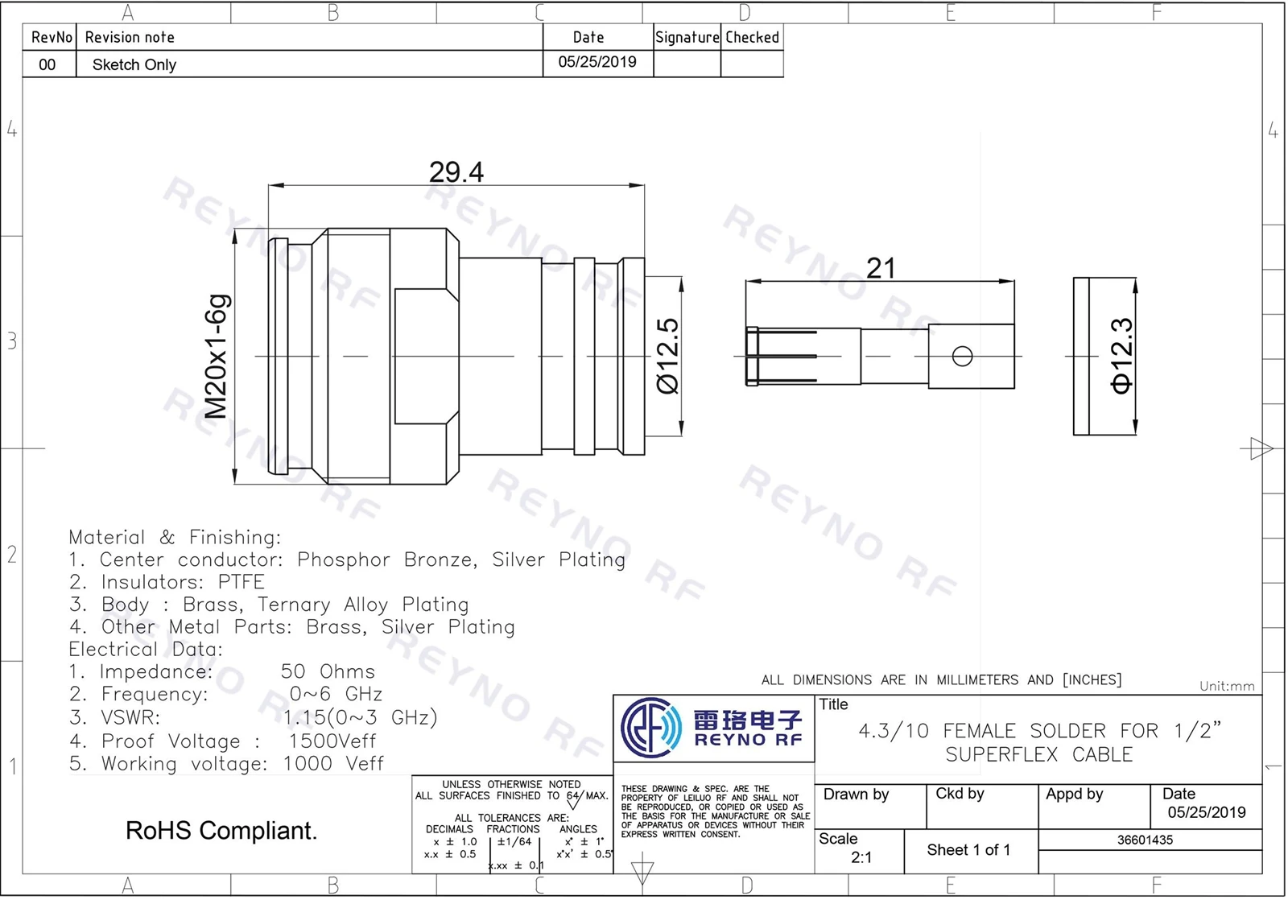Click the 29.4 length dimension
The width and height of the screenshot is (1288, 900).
click(456, 172)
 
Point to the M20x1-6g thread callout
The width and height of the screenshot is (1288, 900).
click(217, 357)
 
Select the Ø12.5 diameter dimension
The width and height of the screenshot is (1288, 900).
click(668, 356)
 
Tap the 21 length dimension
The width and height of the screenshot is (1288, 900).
click(881, 268)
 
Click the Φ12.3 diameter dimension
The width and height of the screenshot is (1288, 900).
click(1122, 356)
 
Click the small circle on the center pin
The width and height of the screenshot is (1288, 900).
click(962, 356)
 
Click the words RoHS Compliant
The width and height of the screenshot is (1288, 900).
click(221, 831)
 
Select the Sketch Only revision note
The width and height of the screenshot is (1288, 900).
click(134, 64)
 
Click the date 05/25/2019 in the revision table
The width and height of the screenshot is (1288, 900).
click(597, 61)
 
